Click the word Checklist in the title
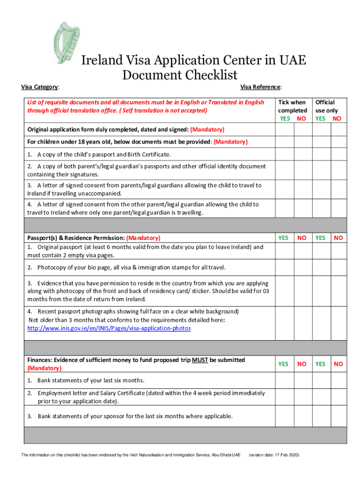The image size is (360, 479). pyautogui.click(x=206, y=75)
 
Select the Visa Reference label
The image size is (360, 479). pyautogui.click(x=260, y=87)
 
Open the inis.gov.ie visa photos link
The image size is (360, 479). pyautogui.click(x=109, y=328)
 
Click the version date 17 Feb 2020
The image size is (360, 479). pyautogui.click(x=274, y=455)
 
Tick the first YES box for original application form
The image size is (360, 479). pyautogui.click(x=284, y=130)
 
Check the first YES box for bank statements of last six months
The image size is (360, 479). pyautogui.click(x=284, y=380)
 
